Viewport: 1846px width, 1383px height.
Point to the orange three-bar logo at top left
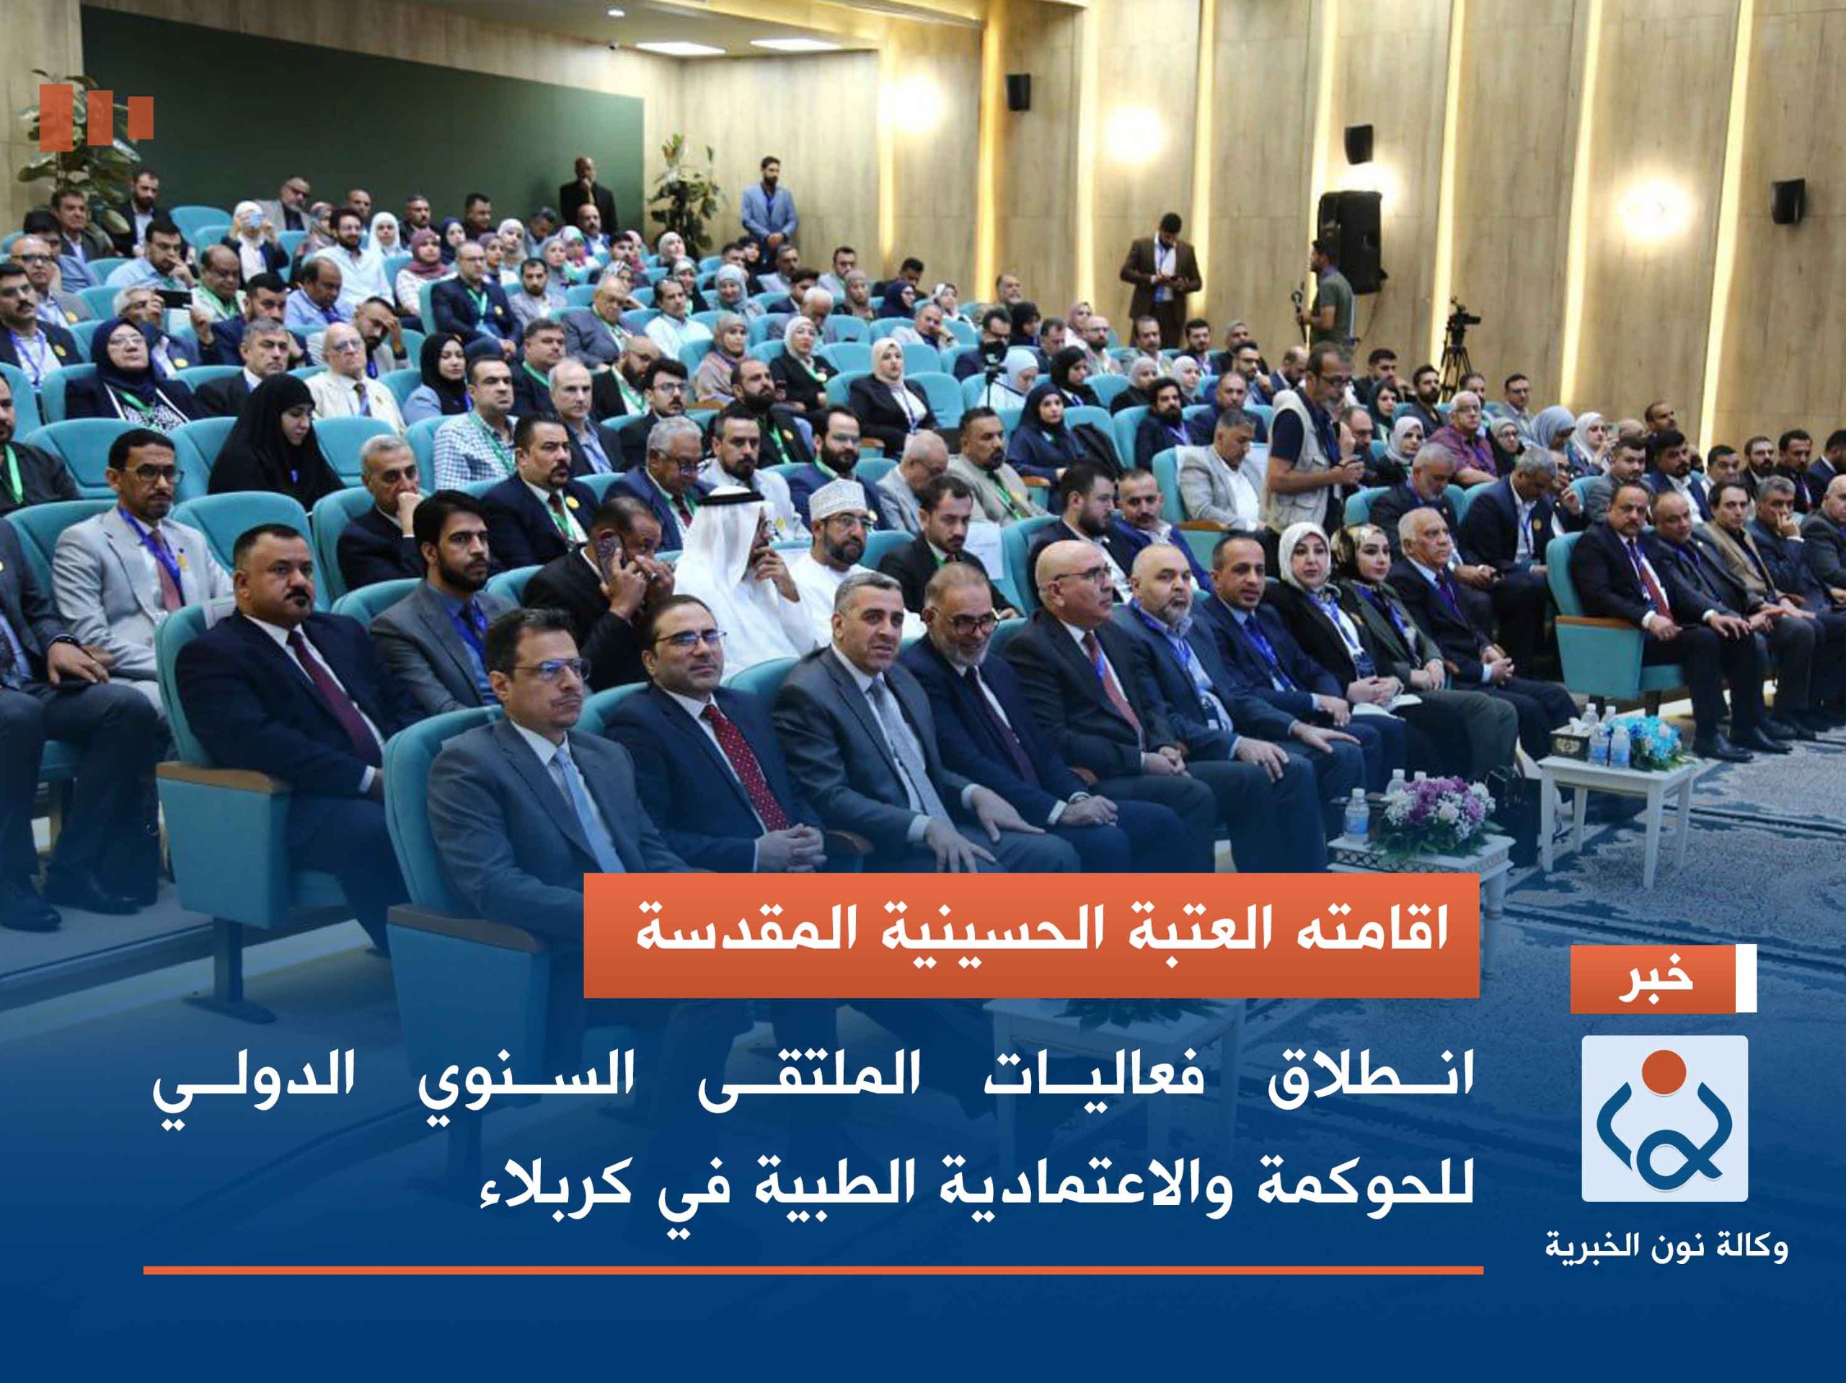(x=97, y=118)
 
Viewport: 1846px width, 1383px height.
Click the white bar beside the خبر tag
(x=1746, y=979)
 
